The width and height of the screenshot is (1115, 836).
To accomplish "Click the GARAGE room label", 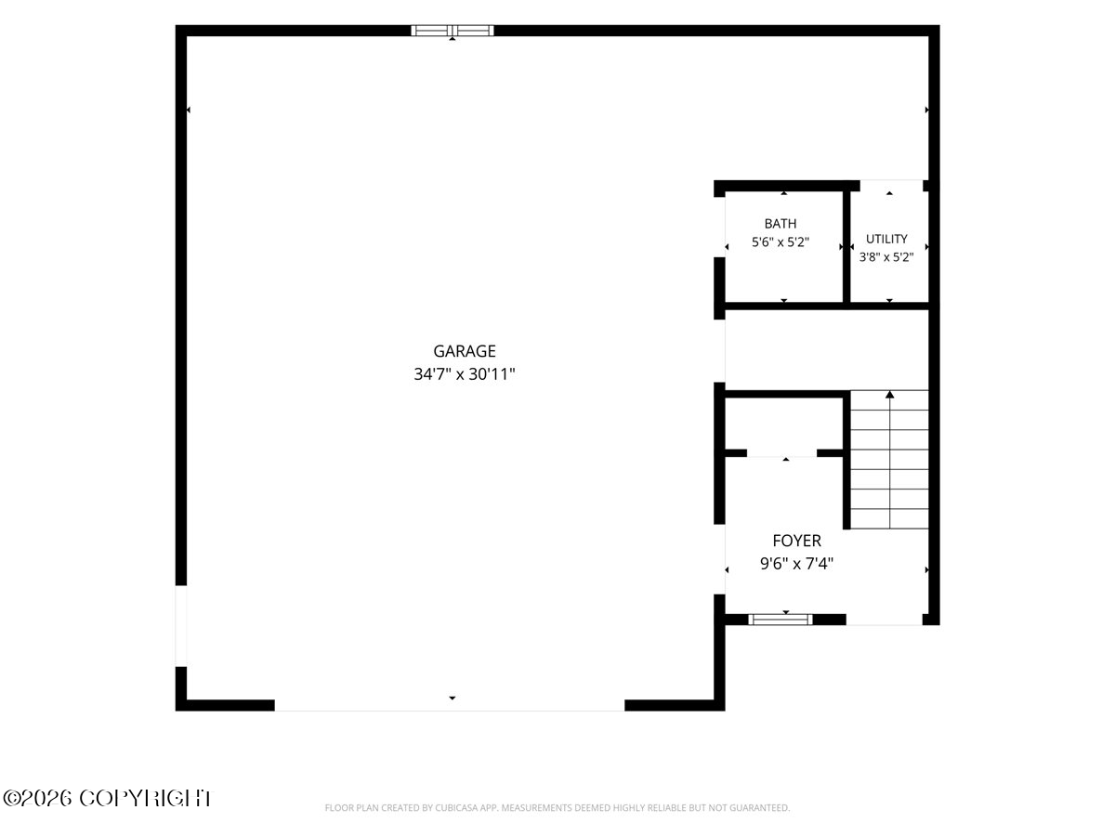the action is [x=465, y=351].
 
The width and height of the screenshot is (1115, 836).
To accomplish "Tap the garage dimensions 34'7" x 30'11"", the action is [x=465, y=374].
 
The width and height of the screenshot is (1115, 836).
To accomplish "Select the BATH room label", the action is [x=780, y=223].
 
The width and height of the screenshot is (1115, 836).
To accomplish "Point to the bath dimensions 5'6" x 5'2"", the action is [x=780, y=242].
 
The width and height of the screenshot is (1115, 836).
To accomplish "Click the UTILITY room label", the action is [x=886, y=239].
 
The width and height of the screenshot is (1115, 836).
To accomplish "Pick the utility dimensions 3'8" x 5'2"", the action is [x=886, y=257].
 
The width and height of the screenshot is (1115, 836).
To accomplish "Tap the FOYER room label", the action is [x=796, y=541].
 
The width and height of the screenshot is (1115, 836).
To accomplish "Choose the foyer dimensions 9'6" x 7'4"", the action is [x=796, y=564].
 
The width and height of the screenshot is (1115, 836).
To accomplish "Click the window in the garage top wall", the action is [x=453, y=31].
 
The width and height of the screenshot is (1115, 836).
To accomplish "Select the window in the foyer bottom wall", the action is [x=780, y=620].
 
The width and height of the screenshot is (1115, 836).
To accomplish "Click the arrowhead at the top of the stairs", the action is [x=889, y=395].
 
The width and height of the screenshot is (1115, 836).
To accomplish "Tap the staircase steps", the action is [x=889, y=460].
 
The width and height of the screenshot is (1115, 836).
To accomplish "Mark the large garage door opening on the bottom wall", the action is [x=450, y=705].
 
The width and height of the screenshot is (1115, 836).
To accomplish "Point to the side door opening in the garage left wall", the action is [x=181, y=626].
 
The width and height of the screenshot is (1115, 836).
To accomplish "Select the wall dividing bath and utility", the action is [x=846, y=247].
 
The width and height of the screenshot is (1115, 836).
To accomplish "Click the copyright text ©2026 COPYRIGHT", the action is [x=107, y=799].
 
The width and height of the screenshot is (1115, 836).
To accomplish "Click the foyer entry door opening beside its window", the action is [x=884, y=620].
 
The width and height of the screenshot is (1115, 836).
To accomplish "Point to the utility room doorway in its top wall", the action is [x=891, y=185].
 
